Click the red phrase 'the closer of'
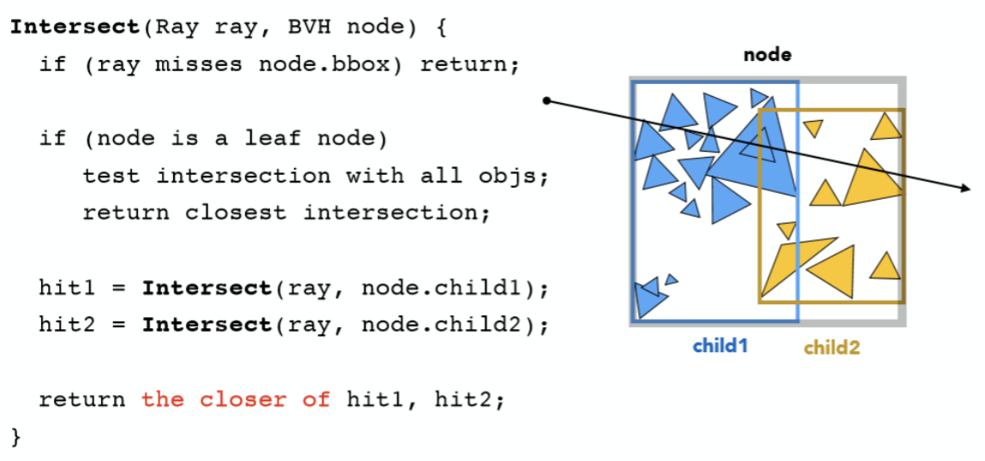tap(236, 399)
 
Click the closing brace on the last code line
tap(15, 436)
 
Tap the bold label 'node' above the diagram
tap(767, 55)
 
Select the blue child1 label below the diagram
tap(720, 346)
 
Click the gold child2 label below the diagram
tap(831, 347)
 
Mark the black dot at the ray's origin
tap(547, 102)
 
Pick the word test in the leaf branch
tap(111, 176)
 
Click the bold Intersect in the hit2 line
tap(206, 325)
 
